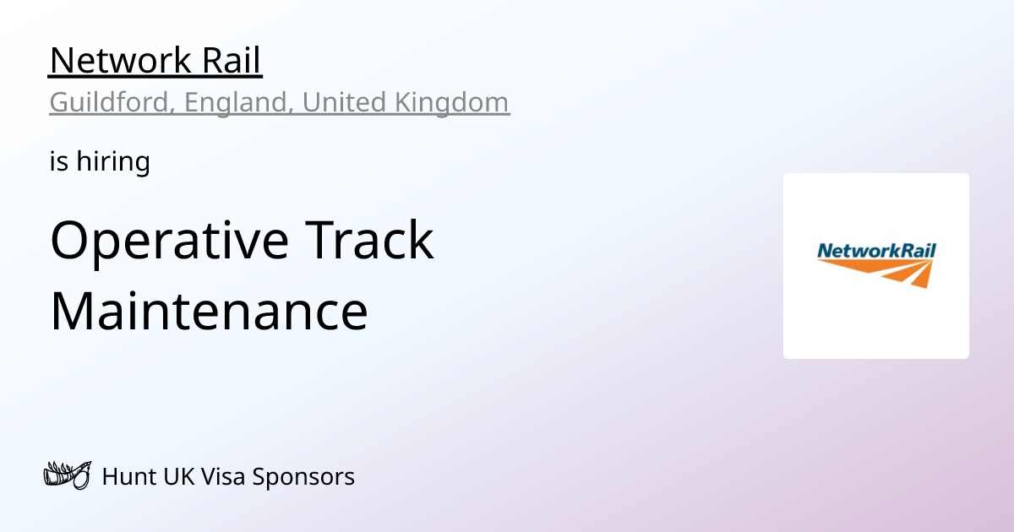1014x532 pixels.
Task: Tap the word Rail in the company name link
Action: [232, 61]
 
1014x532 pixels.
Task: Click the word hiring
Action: [113, 160]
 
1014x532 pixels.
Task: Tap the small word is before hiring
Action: [58, 160]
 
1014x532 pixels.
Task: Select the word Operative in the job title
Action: [170, 241]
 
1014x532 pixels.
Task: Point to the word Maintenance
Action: [209, 311]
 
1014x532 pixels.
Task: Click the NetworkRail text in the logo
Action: [876, 250]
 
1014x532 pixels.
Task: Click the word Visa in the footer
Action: [220, 477]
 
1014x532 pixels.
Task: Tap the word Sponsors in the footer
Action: [301, 477]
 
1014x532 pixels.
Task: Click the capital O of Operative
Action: [71, 241]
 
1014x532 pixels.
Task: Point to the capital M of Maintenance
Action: [75, 311]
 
